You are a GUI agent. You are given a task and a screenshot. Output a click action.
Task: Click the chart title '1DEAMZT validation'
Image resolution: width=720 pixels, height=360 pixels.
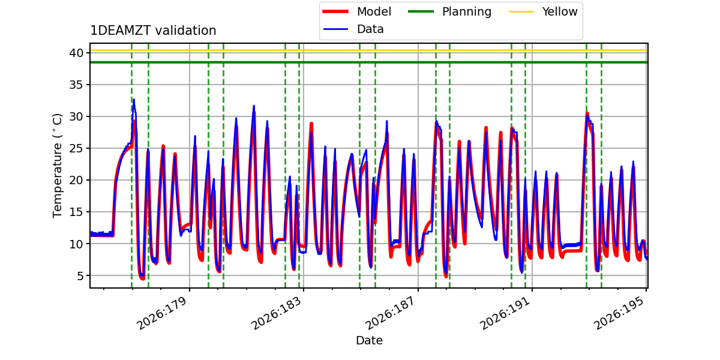(153, 31)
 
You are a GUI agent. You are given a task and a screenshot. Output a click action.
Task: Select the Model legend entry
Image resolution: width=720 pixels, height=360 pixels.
(356, 11)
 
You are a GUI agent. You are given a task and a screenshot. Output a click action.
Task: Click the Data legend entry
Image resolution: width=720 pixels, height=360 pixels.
(353, 29)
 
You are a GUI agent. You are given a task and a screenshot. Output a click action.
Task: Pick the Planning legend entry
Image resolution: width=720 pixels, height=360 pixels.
(449, 11)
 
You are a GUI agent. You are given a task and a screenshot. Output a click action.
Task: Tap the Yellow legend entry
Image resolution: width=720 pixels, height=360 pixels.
(543, 11)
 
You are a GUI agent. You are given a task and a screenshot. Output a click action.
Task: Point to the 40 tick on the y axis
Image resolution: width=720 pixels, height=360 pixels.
(76, 53)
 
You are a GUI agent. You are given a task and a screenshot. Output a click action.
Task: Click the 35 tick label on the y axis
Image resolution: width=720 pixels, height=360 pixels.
(76, 85)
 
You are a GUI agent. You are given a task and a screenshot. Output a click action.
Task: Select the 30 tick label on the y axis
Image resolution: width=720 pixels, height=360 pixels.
(76, 116)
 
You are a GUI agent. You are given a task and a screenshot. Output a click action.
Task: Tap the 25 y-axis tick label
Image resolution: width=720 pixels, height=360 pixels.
(76, 149)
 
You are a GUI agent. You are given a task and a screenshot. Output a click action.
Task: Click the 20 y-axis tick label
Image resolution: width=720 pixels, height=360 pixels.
(76, 181)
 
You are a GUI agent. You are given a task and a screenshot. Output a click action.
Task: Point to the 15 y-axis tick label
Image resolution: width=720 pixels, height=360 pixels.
(76, 212)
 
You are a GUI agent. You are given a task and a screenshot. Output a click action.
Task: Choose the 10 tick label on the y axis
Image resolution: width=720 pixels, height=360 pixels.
(76, 244)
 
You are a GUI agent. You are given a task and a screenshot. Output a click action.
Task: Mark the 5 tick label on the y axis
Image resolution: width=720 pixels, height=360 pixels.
(80, 276)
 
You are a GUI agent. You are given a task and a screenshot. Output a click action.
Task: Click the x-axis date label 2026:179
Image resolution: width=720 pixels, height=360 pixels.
(161, 313)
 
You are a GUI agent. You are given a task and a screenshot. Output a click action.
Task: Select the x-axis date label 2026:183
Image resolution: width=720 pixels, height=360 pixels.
(276, 313)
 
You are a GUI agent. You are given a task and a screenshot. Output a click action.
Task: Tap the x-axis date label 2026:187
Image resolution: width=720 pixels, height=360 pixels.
(391, 313)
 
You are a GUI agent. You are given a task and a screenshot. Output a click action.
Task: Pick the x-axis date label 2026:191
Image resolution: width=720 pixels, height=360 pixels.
(505, 313)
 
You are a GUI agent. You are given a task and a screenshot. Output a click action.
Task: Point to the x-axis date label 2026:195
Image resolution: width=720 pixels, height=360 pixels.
(619, 313)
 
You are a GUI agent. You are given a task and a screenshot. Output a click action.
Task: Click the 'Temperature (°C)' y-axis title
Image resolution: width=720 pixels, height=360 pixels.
(57, 166)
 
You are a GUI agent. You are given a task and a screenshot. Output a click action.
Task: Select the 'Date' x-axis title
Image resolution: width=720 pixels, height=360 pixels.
(370, 340)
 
